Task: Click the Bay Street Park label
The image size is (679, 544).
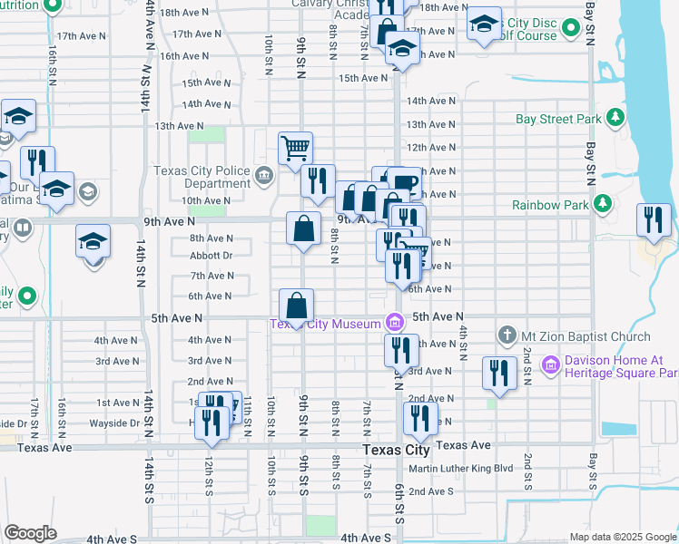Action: (558, 119)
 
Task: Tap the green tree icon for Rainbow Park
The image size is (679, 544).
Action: (600, 205)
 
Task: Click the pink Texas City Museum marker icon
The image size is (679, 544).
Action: (394, 322)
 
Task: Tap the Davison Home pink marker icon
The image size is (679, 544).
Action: (549, 366)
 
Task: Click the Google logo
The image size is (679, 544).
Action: (31, 533)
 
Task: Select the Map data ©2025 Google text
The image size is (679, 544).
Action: (622, 537)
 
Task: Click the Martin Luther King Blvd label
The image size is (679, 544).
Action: (461, 469)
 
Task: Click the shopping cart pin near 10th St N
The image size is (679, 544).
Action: (295, 147)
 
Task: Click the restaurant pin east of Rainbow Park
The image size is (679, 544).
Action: (654, 219)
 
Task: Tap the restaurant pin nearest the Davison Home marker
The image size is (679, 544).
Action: (498, 373)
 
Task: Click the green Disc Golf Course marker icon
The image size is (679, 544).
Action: (570, 30)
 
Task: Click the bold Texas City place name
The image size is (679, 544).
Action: (395, 450)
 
